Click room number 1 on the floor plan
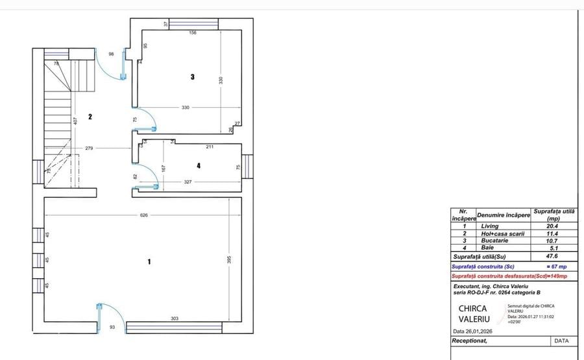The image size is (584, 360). point(149,262)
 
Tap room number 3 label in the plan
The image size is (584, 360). point(192,77)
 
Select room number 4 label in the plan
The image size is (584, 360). point(199,166)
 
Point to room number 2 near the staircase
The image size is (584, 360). point(90,117)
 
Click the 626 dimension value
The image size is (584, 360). point(135,216)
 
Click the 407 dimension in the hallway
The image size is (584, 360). point(76,121)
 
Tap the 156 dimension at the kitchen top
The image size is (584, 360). point(192,33)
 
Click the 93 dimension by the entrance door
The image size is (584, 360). point(112,328)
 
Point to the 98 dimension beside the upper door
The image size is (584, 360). point(111,54)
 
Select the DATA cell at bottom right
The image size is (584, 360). point(561,341)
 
